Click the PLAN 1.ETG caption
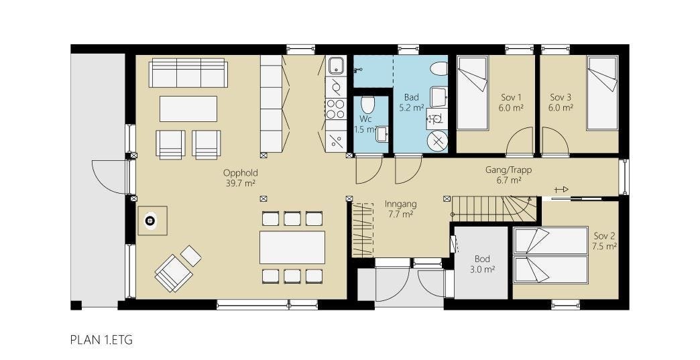[101, 341]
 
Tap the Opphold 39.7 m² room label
[241, 178]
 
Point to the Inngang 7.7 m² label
[401, 209]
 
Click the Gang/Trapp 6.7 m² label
[508, 175]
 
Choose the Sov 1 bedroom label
[511, 102]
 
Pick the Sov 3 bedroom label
[561, 102]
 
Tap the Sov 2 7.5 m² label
[604, 241]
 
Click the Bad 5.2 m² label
[411, 102]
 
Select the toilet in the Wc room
[367, 105]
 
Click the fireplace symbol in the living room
[150, 221]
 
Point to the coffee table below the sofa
[188, 109]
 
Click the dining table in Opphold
[292, 247]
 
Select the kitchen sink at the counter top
[335, 66]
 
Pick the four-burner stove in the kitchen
[335, 109]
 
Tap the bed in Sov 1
[473, 93]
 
